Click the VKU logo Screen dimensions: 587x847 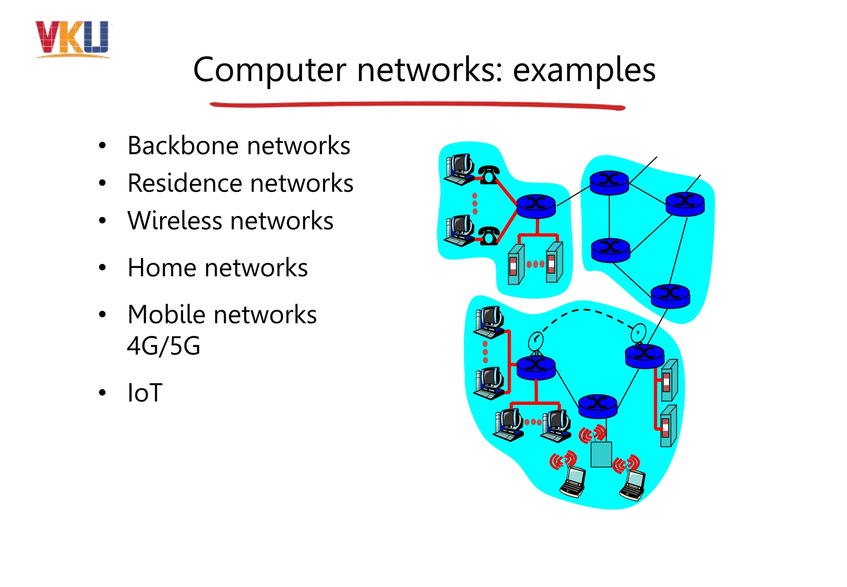[x=72, y=38]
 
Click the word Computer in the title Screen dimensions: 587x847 [x=269, y=70]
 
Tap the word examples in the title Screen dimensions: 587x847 [x=584, y=70]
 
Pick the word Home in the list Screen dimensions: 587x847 [x=161, y=267]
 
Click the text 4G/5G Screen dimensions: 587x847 [x=164, y=346]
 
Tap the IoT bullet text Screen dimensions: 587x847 [x=145, y=392]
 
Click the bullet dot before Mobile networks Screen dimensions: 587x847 [x=102, y=315]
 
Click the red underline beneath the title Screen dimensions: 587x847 [x=418, y=106]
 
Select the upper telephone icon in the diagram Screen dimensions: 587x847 [x=489, y=175]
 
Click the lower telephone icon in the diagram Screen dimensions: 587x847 [x=489, y=236]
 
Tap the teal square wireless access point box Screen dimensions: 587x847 [x=601, y=454]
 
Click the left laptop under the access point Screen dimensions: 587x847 [x=573, y=482]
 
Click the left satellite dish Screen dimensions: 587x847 [x=536, y=342]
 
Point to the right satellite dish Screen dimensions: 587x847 [x=639, y=333]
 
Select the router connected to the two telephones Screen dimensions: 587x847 [x=536, y=206]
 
